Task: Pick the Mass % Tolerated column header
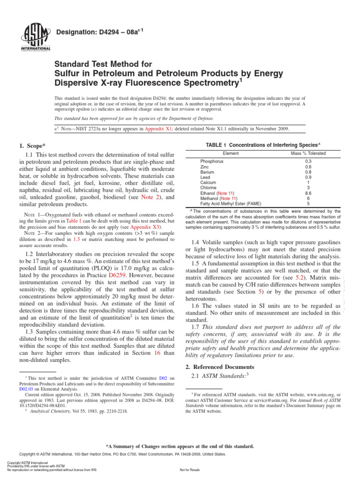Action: (x=308, y=153)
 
